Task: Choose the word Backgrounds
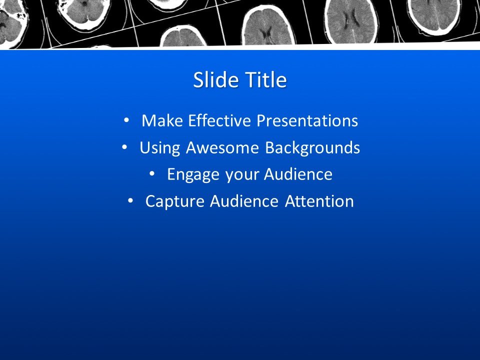coord(312,148)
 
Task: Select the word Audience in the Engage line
coord(298,174)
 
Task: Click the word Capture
coord(175,201)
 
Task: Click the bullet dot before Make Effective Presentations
coord(126,120)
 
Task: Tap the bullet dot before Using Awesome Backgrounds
coord(124,147)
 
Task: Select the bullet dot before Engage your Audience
coord(152,174)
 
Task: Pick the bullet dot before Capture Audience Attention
coord(130,201)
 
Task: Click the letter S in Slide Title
coord(198,80)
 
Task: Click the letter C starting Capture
coord(150,201)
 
